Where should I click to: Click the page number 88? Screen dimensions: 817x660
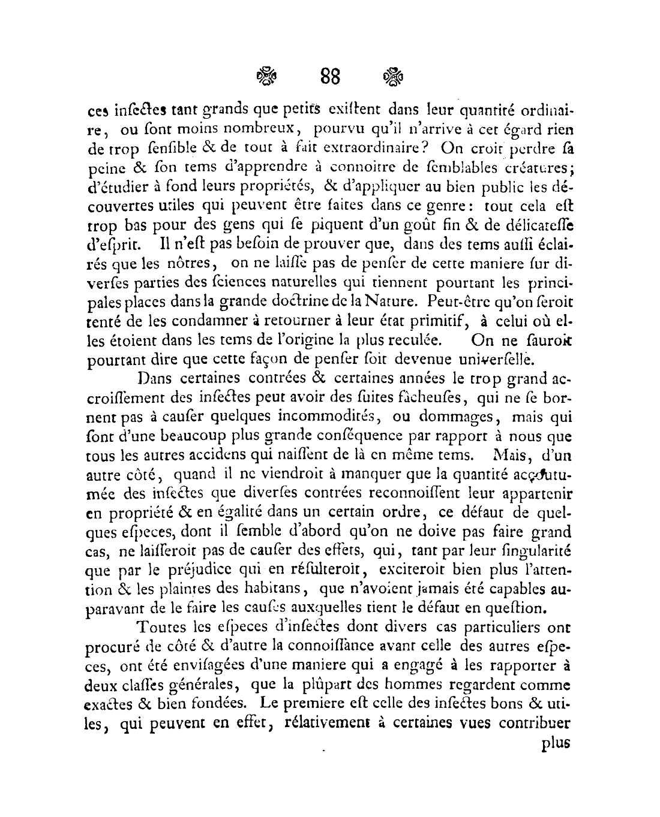tap(330, 77)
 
